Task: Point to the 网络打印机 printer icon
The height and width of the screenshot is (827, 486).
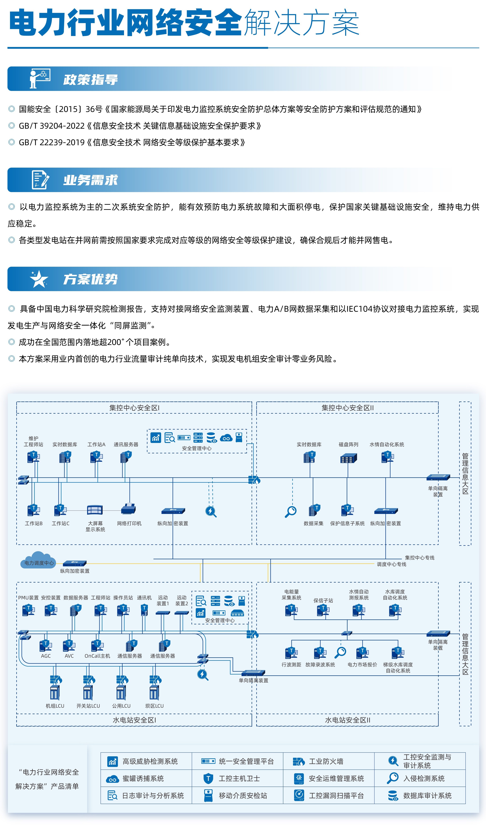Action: pos(129,509)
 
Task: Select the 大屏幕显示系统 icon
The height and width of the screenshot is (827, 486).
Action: pos(95,510)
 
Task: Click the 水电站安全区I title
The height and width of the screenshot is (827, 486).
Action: pos(134,720)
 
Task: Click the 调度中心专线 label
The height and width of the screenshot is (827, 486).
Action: pos(391,564)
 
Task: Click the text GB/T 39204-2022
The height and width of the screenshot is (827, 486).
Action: pos(52,126)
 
